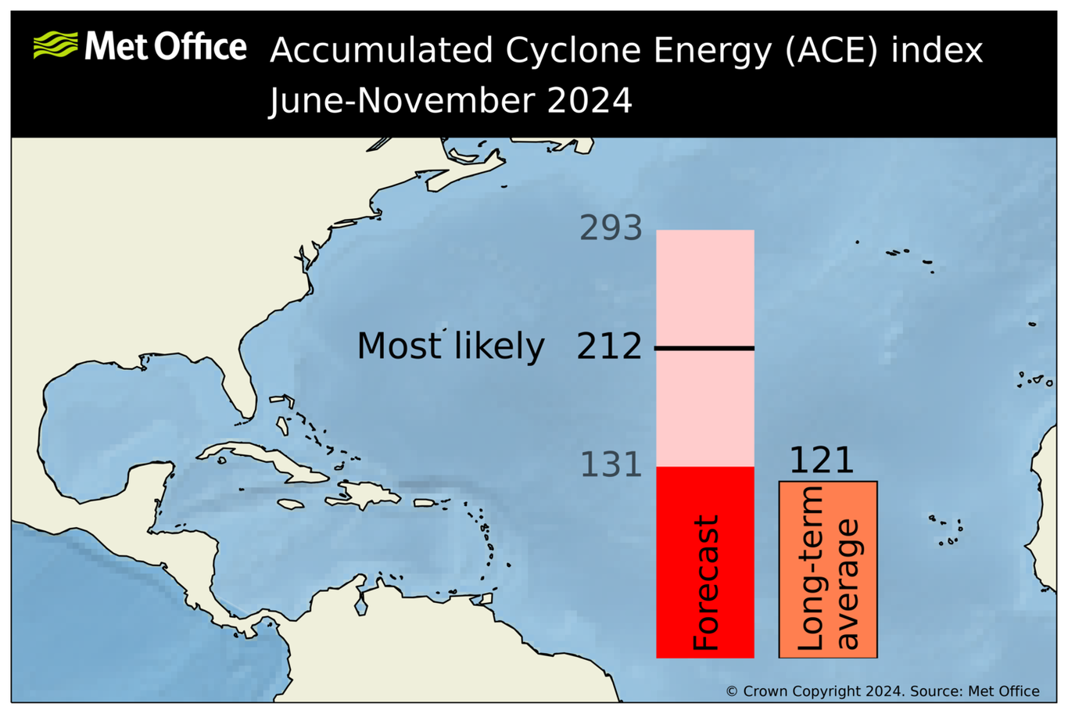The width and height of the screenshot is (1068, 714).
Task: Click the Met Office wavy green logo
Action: (56, 45)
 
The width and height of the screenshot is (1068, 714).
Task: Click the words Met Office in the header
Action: (166, 47)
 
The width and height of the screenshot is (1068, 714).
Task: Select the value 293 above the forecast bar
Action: (611, 228)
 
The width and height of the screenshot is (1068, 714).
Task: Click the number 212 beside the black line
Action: (609, 346)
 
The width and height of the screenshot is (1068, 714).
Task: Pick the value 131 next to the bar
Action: (611, 465)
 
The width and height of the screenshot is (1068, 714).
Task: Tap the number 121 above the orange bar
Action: (822, 461)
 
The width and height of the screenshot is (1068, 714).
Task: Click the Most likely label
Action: (450, 346)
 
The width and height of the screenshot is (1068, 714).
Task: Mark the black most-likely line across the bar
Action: (704, 348)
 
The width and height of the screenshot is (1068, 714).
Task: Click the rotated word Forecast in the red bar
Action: (705, 583)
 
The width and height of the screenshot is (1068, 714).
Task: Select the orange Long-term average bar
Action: (828, 569)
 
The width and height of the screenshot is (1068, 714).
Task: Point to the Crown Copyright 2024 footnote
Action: (882, 691)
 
